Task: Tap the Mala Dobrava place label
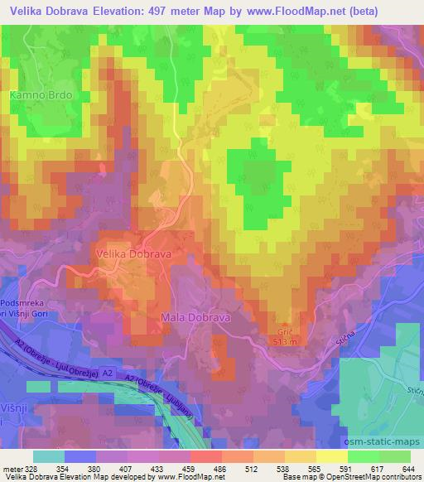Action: [x=194, y=317]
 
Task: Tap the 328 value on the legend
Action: [x=36, y=468]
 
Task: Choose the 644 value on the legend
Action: [x=407, y=468]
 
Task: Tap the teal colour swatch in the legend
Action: [x=48, y=456]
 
